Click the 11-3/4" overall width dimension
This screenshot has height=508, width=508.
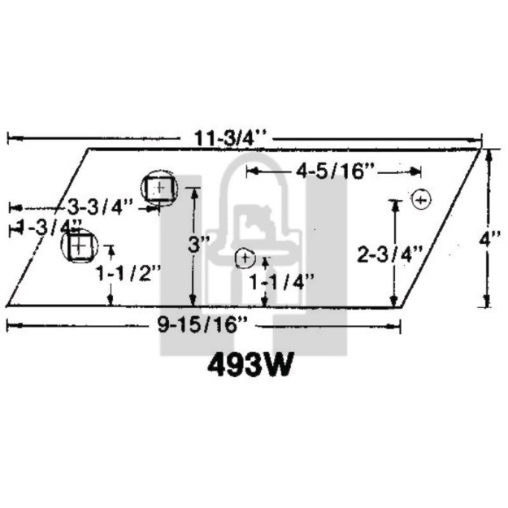point(230,137)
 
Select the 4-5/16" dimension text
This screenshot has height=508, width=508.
point(334,171)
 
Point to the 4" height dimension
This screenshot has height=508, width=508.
point(488,240)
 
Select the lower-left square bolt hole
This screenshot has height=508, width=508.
point(80,245)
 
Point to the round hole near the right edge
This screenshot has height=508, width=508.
point(420,198)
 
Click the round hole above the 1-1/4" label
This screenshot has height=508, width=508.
point(245,258)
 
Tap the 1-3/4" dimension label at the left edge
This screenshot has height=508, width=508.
point(49,227)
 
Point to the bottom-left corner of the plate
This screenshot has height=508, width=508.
point(7,306)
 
